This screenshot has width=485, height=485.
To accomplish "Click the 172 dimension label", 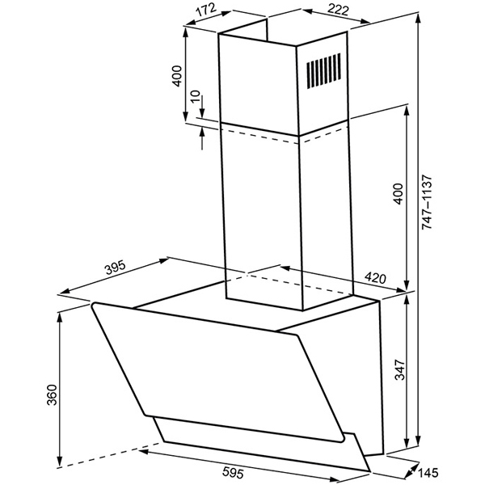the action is [206, 10].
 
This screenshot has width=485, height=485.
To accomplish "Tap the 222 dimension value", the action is [338, 10].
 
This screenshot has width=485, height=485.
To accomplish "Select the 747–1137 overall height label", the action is [427, 202].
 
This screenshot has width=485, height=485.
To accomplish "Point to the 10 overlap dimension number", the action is [196, 97].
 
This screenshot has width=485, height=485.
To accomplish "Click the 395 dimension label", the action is [116, 268].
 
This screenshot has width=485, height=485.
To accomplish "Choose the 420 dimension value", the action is [375, 278].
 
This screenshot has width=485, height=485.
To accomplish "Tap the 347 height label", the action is [399, 369].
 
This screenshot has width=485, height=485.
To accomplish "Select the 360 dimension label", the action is [52, 394].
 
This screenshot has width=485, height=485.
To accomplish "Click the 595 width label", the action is [234, 472].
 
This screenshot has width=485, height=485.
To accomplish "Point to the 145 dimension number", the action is [428, 473].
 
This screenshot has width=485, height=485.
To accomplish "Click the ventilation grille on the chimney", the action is [324, 70].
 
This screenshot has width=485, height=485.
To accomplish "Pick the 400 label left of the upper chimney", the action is [176, 76].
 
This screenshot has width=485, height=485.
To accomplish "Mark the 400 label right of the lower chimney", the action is [398, 194].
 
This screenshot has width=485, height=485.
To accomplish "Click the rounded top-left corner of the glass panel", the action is [94, 306].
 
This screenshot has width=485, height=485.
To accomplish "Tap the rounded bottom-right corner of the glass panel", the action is [341, 439].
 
